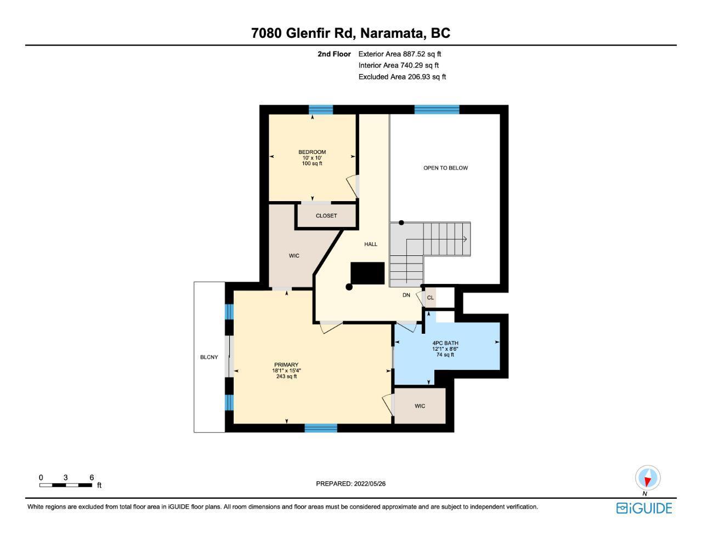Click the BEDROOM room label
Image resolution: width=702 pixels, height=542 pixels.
(x=312, y=152)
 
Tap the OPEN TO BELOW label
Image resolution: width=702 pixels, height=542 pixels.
(x=445, y=168)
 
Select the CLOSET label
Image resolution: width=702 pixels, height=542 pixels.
(x=326, y=215)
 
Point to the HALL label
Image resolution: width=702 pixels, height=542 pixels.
(x=371, y=244)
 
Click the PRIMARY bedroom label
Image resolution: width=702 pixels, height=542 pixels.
(x=286, y=364)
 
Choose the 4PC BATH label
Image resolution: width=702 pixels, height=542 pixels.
(x=445, y=343)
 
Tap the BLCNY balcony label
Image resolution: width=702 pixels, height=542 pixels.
(x=209, y=357)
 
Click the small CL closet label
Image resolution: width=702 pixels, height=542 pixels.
(x=431, y=298)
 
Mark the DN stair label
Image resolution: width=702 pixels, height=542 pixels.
(x=406, y=295)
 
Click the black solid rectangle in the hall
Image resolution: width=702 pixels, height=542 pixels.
(x=367, y=273)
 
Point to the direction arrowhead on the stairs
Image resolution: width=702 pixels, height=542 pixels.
(x=465, y=239)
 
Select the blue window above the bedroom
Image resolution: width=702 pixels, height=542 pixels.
(x=321, y=110)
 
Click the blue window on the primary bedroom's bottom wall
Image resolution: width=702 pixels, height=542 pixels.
(x=321, y=428)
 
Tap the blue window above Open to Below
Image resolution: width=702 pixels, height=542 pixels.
(x=437, y=110)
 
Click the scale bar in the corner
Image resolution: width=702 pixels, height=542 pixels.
(x=66, y=485)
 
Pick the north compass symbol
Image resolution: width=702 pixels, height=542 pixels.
(x=648, y=478)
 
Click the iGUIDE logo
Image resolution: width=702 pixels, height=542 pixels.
(x=644, y=509)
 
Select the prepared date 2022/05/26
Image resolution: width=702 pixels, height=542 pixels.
(x=370, y=483)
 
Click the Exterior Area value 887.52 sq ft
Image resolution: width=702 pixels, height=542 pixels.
(x=422, y=54)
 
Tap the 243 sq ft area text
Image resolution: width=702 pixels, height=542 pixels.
(x=286, y=376)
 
